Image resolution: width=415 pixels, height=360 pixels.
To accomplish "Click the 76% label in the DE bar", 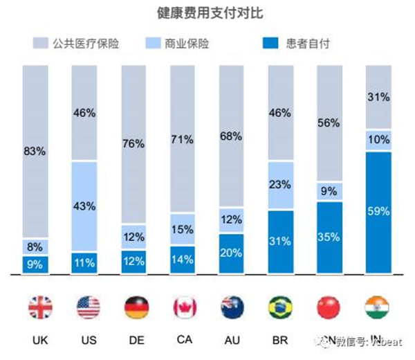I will click(x=133, y=145).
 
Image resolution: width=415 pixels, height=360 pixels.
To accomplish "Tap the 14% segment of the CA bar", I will click(x=183, y=260).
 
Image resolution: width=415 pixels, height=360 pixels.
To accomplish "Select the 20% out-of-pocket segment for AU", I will click(x=231, y=253).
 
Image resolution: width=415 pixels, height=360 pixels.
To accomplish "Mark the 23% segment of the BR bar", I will click(x=280, y=186).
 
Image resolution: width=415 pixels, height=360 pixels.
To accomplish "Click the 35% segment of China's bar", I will click(x=329, y=237).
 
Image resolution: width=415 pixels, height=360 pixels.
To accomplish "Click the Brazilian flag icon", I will click(x=280, y=307).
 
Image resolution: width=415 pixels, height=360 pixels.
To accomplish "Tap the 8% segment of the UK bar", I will click(x=35, y=246).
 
